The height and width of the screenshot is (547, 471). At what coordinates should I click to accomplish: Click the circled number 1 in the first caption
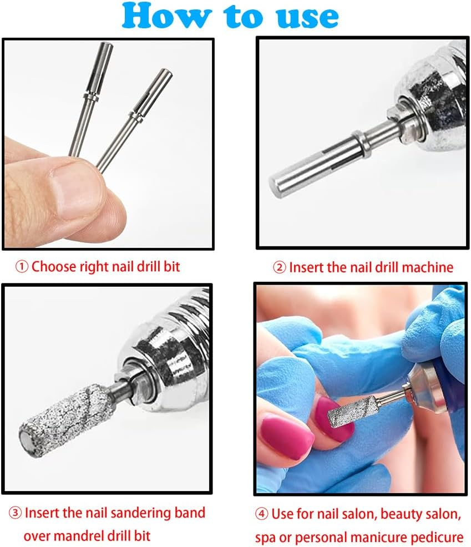pyautogui.click(x=22, y=267)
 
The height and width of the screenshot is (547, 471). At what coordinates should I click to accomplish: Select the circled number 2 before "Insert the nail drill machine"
pyautogui.click(x=279, y=267)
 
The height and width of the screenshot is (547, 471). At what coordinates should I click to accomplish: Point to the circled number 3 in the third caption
pyautogui.click(x=15, y=513)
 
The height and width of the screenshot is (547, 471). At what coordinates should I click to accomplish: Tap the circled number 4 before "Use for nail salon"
pyautogui.click(x=261, y=514)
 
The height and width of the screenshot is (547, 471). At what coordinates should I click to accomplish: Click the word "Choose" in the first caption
pyautogui.click(x=54, y=266)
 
